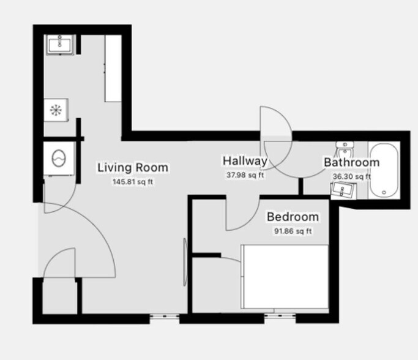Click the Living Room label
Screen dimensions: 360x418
point(133,167)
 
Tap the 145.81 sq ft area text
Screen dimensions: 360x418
point(133,181)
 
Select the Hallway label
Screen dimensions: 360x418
point(245,161)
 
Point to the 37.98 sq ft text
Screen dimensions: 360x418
point(245,175)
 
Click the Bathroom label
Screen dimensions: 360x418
point(351,163)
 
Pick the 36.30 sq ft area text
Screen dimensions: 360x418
point(351,177)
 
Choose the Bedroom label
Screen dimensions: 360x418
point(293,217)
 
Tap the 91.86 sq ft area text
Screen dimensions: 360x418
point(293,231)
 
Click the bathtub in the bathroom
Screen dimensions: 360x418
point(384,170)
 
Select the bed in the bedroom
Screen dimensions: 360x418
point(285,277)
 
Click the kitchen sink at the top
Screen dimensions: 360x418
point(60,43)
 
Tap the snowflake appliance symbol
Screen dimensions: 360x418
point(56,111)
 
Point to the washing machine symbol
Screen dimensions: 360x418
point(59,158)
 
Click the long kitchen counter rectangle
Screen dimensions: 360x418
point(113,68)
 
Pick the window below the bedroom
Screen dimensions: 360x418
point(280,317)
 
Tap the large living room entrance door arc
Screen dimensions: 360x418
point(92,233)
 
